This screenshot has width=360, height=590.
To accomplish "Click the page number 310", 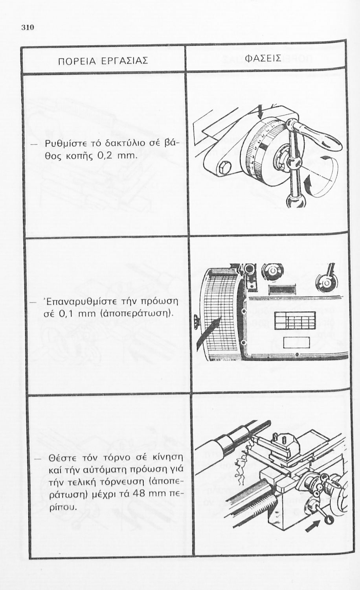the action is pos(28,28).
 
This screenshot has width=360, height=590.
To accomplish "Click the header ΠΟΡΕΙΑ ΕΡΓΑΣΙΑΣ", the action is pos(103,61).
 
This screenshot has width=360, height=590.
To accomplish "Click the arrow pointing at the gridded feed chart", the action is pos(208,332).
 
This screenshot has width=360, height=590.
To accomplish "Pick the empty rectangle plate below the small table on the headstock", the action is pos(296,343).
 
